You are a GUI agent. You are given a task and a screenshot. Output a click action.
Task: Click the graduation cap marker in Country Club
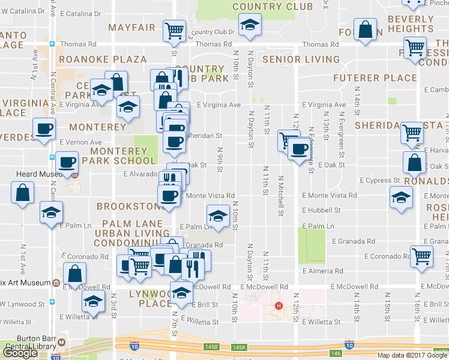tap(250, 25)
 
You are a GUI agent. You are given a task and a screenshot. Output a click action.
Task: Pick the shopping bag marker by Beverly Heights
tap(365, 29)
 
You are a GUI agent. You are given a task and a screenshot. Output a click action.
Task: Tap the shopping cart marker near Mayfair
tap(174, 30)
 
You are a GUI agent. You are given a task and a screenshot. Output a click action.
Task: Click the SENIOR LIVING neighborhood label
tap(301, 59)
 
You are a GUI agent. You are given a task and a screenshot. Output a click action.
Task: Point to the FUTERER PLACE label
tap(375, 78)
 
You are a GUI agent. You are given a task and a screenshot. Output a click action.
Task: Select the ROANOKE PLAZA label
tap(103, 59)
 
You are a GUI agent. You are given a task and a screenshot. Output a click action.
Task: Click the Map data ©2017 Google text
tap(412, 355)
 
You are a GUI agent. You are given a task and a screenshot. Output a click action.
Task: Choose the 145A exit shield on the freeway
tap(240, 347)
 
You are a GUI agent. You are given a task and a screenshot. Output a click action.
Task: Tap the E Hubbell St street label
tap(321, 211)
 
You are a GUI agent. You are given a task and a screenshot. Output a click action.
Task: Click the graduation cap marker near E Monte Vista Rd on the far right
tap(401, 197)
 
